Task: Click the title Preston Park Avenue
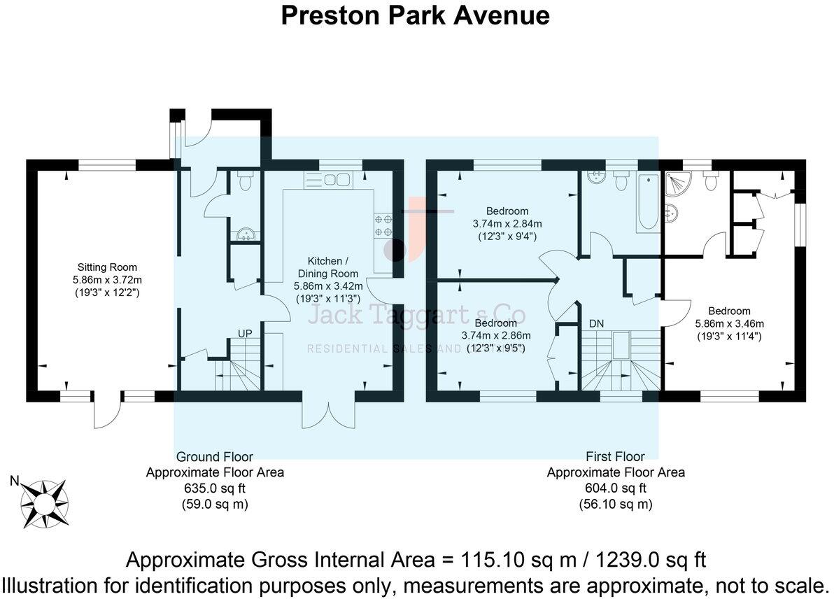pyautogui.click(x=415, y=15)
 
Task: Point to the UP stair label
pyautogui.click(x=244, y=334)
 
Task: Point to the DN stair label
pyautogui.click(x=597, y=324)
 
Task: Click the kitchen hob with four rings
pyautogui.click(x=384, y=225)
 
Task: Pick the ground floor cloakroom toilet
pyautogui.click(x=244, y=183)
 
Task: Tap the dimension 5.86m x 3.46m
pyautogui.click(x=729, y=323)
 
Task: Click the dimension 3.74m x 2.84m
pyautogui.click(x=508, y=223)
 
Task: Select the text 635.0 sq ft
pyautogui.click(x=214, y=488)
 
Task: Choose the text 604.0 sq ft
pyautogui.click(x=615, y=488)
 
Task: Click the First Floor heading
pyautogui.click(x=615, y=457)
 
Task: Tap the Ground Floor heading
pyautogui.click(x=214, y=457)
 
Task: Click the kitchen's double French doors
pyautogui.click(x=329, y=413)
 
